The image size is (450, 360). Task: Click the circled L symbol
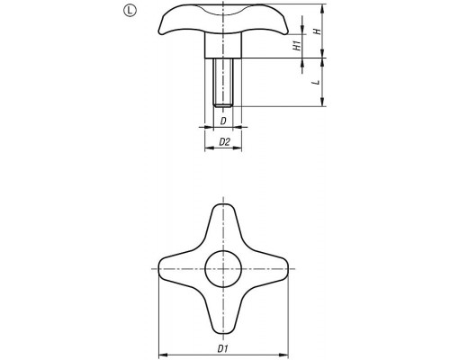130,11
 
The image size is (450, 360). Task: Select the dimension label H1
297,46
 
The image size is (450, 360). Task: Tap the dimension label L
316,82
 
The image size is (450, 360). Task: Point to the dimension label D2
224,142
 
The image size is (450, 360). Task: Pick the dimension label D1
222,348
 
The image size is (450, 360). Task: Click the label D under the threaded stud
223,121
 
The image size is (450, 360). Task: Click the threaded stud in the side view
223,82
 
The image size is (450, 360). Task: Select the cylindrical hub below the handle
223,45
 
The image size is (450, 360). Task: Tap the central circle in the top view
223,268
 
